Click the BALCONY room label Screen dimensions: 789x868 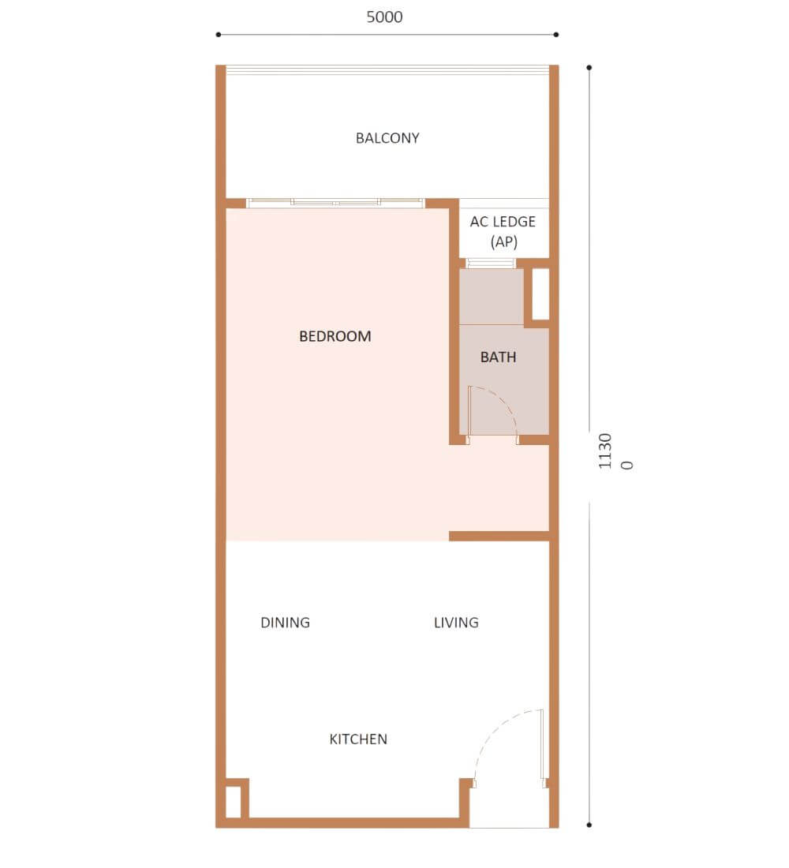coord(387,138)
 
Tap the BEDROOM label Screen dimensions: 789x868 coord(335,336)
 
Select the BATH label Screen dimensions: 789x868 coord(499,357)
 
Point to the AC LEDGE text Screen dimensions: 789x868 coord(503,222)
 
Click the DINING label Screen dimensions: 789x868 coord(285,623)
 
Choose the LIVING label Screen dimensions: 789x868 coord(456,623)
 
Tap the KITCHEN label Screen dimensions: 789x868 coord(358,739)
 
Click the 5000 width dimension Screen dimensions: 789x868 coord(384,17)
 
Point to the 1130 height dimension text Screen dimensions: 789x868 coord(605,451)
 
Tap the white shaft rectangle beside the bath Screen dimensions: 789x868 coord(540,294)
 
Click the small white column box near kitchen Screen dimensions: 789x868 coord(233,802)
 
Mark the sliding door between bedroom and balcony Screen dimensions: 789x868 coord(335,203)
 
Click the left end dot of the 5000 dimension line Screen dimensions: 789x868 coord(218,34)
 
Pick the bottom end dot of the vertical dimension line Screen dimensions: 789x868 coord(589,825)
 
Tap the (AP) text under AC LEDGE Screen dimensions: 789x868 coord(504,242)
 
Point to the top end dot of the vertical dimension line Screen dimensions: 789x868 coord(589,68)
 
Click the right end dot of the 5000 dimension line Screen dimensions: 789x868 coord(556,34)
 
